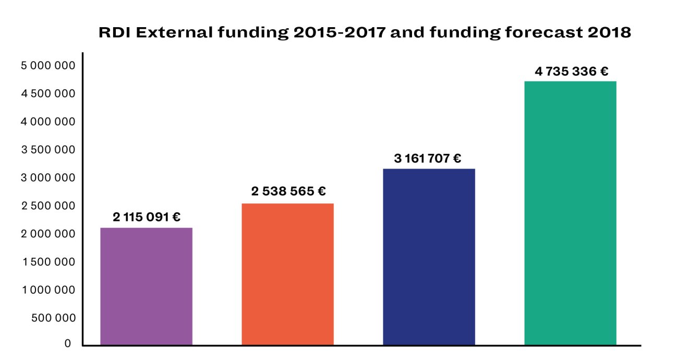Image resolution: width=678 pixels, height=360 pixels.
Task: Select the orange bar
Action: click(288, 274)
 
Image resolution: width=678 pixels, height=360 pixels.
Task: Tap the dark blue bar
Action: click(429, 257)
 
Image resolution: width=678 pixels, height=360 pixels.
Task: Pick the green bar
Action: click(570, 213)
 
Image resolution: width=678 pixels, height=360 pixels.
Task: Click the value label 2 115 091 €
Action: click(147, 217)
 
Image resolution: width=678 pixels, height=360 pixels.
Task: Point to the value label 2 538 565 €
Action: click(288, 192)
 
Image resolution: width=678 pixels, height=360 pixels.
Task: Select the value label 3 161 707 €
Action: click(428, 158)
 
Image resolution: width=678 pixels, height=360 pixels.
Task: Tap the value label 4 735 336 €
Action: click(571, 71)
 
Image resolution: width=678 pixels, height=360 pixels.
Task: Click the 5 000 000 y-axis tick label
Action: click(48, 66)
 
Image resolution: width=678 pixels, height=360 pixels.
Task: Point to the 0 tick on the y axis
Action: click(68, 344)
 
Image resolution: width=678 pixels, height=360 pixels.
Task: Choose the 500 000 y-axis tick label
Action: click(54, 318)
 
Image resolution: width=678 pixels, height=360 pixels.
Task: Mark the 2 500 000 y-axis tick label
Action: click(48, 206)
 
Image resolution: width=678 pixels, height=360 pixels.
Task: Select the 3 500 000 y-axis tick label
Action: click(48, 150)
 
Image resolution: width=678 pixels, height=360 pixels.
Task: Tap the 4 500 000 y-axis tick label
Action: click(48, 94)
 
